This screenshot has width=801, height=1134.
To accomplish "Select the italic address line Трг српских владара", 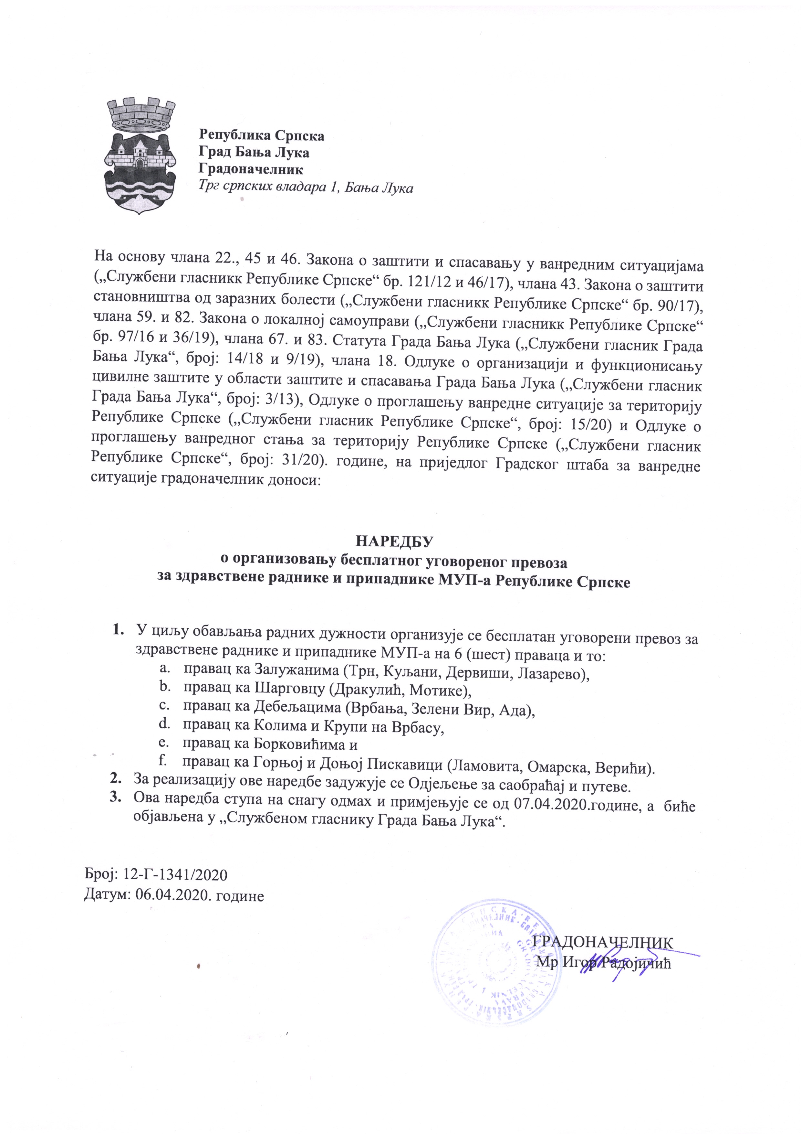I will [x=306, y=188].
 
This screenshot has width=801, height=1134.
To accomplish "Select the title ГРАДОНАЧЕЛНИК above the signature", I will [x=603, y=942].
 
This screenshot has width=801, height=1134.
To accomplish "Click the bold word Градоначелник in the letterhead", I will [x=251, y=169].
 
